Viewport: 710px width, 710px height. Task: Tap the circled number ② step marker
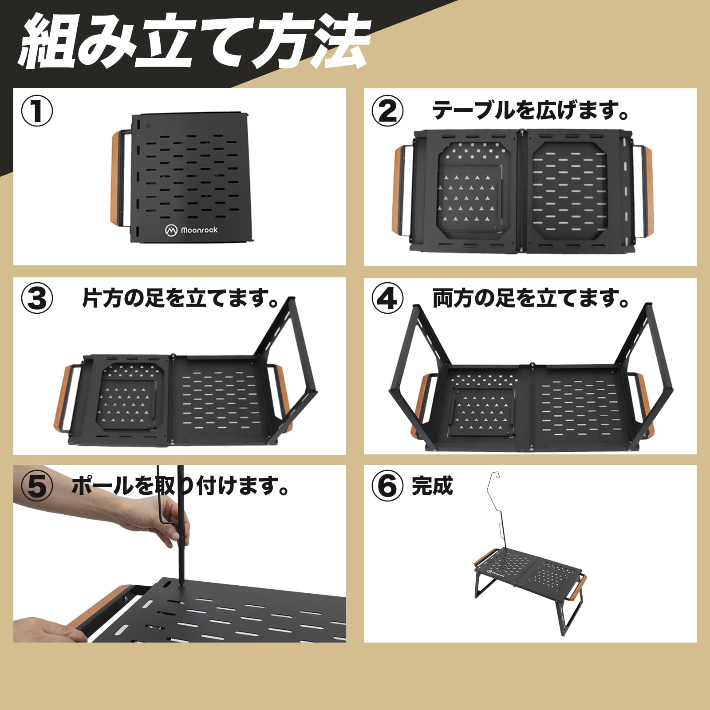(387, 111)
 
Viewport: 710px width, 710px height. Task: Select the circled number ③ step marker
(37, 299)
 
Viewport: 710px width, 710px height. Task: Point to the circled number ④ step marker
(387, 299)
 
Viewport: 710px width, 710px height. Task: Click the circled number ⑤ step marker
(37, 486)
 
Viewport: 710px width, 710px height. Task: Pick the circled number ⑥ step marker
(387, 486)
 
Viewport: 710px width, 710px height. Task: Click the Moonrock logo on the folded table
(192, 230)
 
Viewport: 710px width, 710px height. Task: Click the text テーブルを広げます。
(531, 110)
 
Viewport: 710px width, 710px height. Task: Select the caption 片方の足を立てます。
(180, 298)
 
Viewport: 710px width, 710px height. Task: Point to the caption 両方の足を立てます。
(531, 298)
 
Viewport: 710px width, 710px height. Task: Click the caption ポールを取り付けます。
(180, 486)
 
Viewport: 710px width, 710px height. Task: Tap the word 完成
(432, 486)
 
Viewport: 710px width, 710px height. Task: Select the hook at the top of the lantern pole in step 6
(496, 476)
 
